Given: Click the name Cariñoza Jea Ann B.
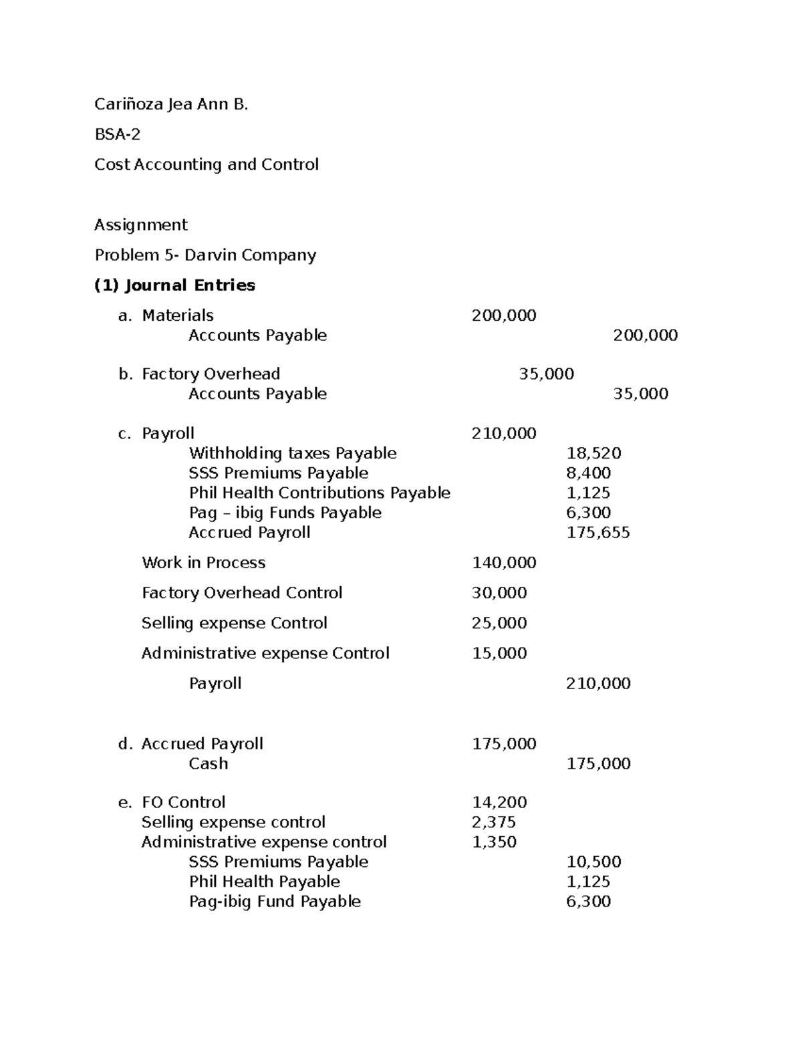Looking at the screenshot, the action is [171, 104].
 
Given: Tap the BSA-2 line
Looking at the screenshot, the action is [118, 134].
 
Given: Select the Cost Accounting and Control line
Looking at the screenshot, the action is [207, 164].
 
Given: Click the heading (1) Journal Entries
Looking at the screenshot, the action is [175, 285].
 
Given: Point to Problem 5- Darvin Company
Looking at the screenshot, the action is [205, 255].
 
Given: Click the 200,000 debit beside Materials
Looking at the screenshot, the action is [504, 315].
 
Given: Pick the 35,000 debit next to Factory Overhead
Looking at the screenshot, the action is [546, 374].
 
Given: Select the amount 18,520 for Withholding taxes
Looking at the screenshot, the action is [593, 453].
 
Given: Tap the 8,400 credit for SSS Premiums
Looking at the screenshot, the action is [588, 473].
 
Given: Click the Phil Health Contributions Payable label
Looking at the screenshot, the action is [319, 493].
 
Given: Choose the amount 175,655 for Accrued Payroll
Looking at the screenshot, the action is [598, 533].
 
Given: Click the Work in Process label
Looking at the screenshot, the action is [204, 563].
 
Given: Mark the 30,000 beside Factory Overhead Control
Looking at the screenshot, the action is [499, 593].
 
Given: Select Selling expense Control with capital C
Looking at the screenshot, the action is [235, 623].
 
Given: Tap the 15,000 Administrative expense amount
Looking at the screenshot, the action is [499, 653].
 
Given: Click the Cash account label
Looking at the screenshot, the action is [209, 763].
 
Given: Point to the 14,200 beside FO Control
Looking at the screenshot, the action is [499, 802].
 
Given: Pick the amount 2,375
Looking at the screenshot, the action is [494, 822].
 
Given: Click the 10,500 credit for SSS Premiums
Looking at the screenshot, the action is [593, 862].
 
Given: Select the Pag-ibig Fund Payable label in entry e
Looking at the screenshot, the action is [275, 902].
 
